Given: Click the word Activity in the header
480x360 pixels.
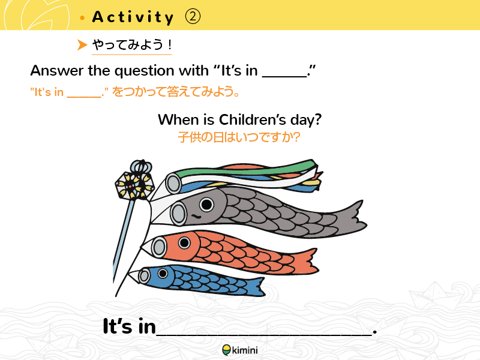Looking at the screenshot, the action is [x=133, y=17].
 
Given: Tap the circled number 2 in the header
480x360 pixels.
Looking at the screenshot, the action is [x=193, y=17].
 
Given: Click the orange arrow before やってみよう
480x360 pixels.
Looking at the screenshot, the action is [x=82, y=44].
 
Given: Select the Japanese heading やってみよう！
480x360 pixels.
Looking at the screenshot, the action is [x=132, y=45].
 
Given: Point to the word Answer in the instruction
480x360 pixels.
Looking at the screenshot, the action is [x=57, y=71].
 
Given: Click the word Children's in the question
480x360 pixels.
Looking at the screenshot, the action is [x=252, y=119].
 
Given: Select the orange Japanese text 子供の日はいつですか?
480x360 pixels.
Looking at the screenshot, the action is [x=239, y=137].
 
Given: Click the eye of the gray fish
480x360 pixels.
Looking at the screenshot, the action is [x=206, y=204].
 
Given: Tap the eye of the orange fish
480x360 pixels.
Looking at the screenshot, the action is [x=184, y=243].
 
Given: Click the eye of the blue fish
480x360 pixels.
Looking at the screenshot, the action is [x=163, y=273].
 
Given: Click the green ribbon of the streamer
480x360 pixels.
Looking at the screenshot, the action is [x=245, y=169].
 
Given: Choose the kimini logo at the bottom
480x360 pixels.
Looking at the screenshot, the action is [x=239, y=350].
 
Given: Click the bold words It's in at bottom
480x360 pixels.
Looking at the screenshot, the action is [x=129, y=326].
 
